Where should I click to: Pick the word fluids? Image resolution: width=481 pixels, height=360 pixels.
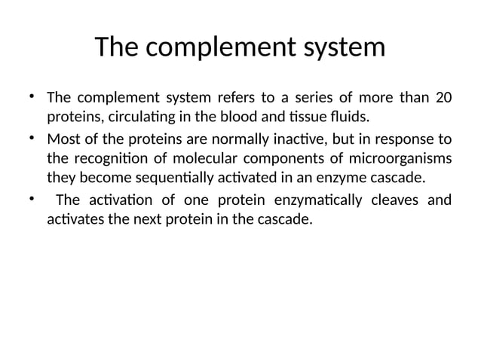point(353,118)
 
